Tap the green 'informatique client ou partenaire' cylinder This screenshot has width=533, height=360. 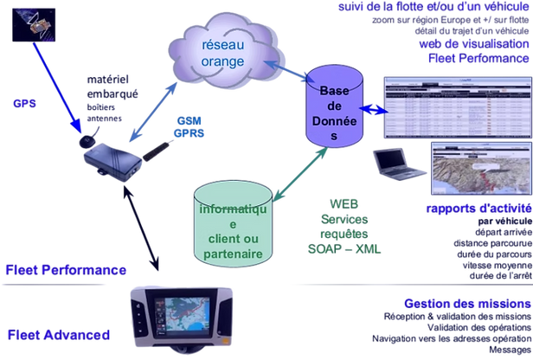click(x=234, y=225)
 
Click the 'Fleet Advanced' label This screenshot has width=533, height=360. click(x=57, y=332)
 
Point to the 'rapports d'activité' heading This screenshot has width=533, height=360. click(x=477, y=209)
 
